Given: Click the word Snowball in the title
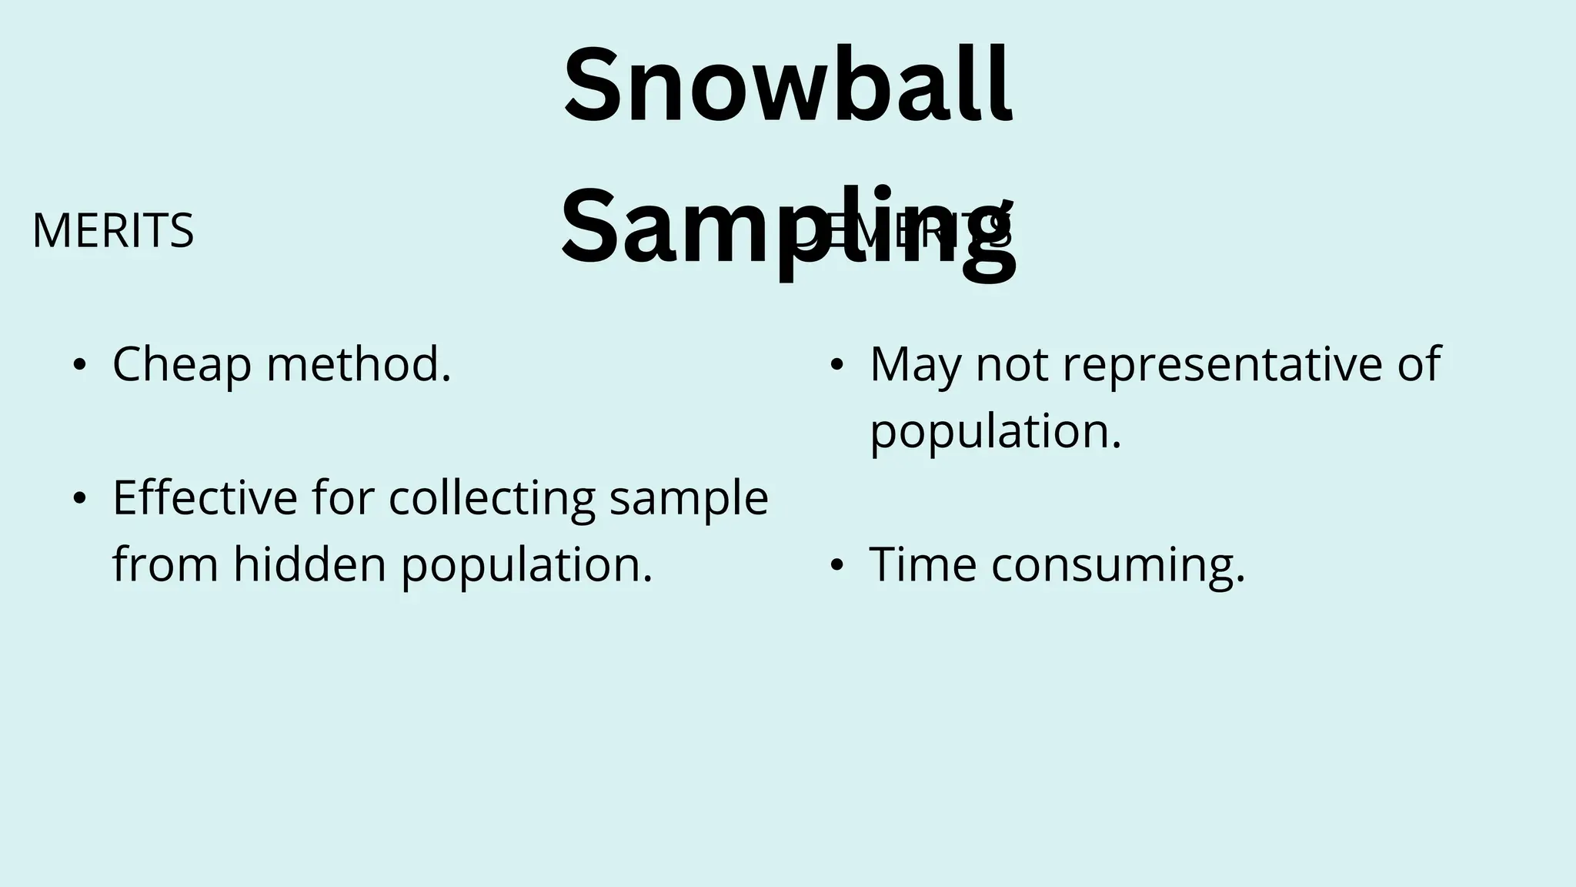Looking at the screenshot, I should [x=787, y=86].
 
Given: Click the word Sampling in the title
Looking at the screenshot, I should [x=787, y=228].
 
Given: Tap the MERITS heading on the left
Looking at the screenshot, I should [x=113, y=230].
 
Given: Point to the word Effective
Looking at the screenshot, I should [x=205, y=497].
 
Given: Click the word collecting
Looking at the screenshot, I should [x=492, y=497].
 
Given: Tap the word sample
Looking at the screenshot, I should [x=689, y=497].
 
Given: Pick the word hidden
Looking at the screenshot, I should [x=309, y=564].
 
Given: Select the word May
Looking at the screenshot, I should [x=915, y=365].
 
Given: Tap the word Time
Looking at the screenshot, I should [x=923, y=564].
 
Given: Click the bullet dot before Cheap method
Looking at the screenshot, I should [x=79, y=366].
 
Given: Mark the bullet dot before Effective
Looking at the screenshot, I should [x=79, y=499].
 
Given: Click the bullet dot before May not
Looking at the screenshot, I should [x=836, y=366].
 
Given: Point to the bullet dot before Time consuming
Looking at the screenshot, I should [x=836, y=566].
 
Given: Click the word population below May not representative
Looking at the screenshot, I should [x=995, y=432].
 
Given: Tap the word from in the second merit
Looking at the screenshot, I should [x=165, y=564].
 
